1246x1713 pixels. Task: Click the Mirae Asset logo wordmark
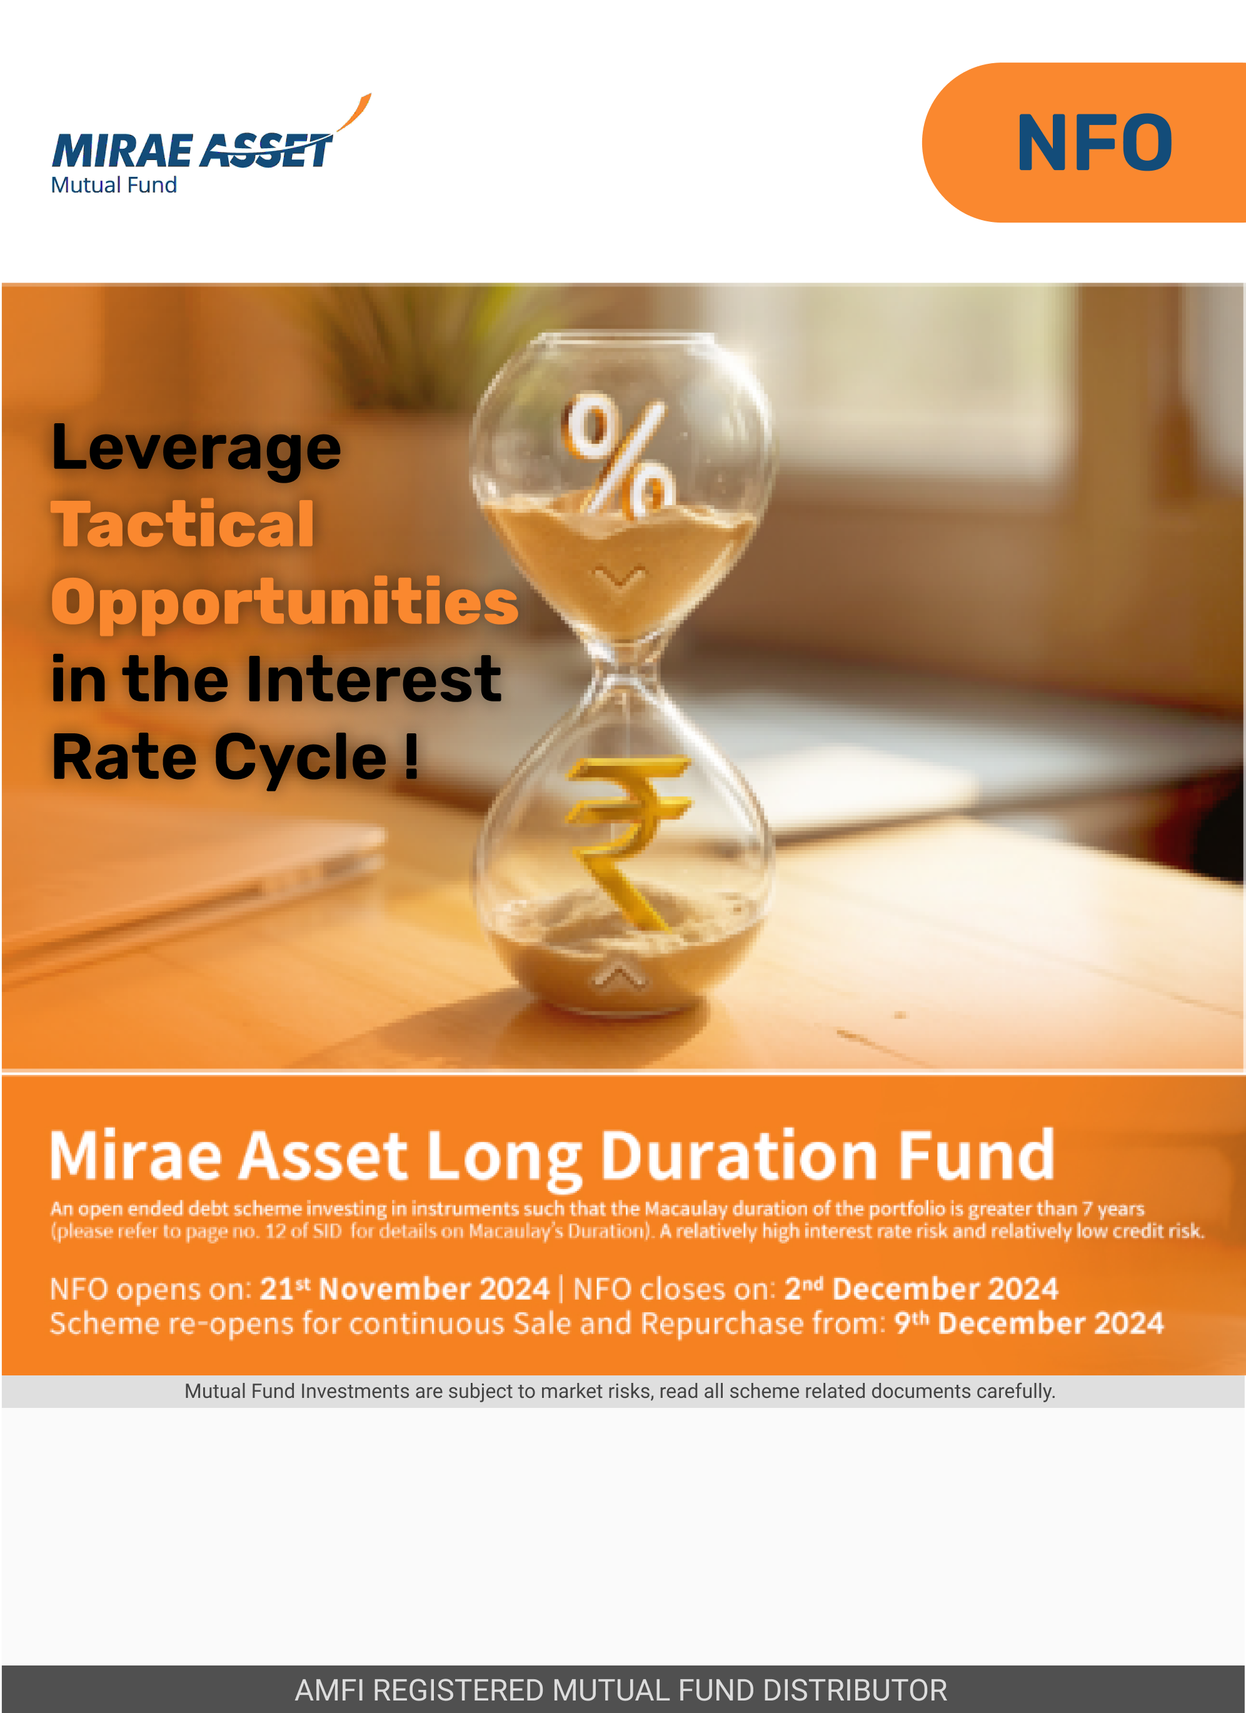pyautogui.click(x=193, y=149)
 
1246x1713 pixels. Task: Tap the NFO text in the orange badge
pyautogui.click(x=1095, y=143)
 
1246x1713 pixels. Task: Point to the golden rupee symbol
pyautogui.click(x=627, y=842)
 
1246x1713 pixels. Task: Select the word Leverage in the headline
pyautogui.click(x=196, y=449)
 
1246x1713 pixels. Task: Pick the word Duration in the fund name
pyautogui.click(x=740, y=1155)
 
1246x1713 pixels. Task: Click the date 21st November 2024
pyautogui.click(x=404, y=1289)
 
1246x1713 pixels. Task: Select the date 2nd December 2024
pyautogui.click(x=922, y=1289)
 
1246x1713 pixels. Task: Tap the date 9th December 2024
pyautogui.click(x=1029, y=1324)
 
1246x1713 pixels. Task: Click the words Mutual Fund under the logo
pyautogui.click(x=114, y=185)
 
